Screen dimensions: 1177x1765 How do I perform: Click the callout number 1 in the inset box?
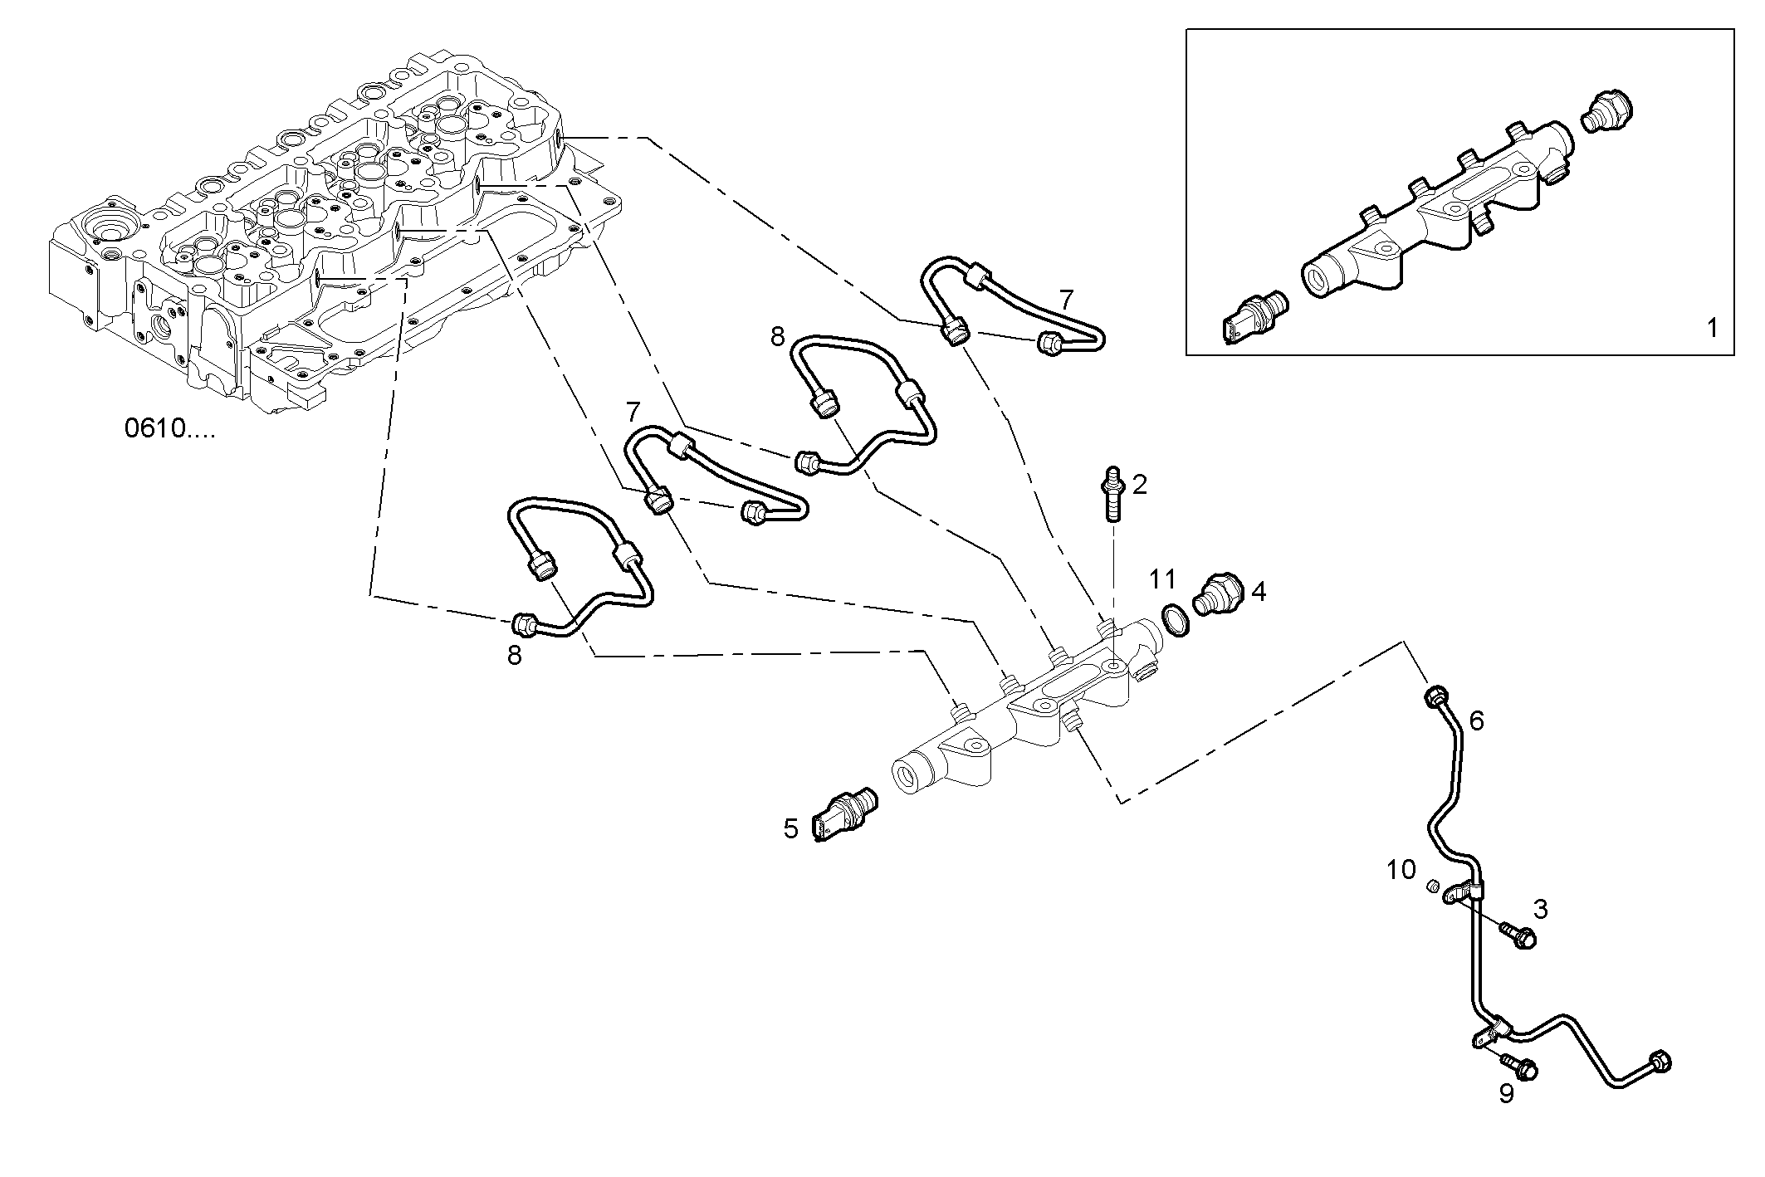click(x=1712, y=328)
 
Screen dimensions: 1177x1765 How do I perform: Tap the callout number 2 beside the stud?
click(x=1139, y=484)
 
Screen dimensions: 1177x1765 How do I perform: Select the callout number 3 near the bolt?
click(x=1540, y=909)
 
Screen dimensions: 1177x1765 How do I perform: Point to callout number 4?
click(x=1259, y=592)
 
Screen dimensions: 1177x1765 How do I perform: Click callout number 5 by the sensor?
click(x=790, y=828)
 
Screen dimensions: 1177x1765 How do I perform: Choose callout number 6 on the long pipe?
click(x=1476, y=720)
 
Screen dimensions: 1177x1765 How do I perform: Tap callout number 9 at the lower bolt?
click(x=1506, y=1094)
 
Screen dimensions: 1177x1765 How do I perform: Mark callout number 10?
click(x=1401, y=870)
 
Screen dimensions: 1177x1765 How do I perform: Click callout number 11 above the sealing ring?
click(x=1163, y=579)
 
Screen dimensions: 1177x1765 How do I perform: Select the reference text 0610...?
click(x=169, y=428)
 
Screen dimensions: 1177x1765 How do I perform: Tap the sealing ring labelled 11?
click(x=1175, y=619)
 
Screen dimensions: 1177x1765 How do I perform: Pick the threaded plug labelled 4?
click(x=1215, y=594)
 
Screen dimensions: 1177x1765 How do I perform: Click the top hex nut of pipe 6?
click(x=1434, y=697)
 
